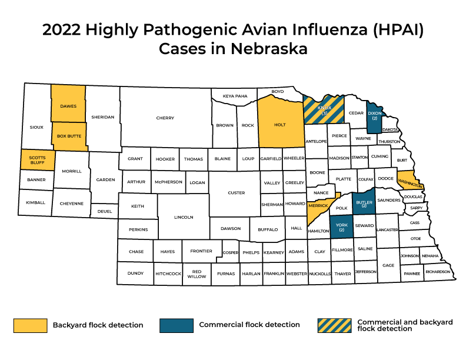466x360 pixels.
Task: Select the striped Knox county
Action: pos(324,110)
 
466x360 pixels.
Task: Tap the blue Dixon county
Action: pos(374,115)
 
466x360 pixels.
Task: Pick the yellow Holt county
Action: pos(280,124)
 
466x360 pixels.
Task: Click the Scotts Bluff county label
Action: pos(37,160)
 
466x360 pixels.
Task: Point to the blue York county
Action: pos(340,226)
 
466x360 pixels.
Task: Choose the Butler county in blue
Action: pos(364,204)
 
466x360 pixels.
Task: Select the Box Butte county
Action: pos(69,136)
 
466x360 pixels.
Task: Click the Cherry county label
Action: pos(165,118)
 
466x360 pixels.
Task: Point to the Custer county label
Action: pos(236,193)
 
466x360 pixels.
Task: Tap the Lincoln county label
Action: pos(184,217)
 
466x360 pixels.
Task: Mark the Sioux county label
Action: pos(36,126)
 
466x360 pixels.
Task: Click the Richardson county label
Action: pos(437,272)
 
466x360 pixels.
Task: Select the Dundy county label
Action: pos(135,274)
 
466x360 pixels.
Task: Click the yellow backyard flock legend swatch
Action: pos(30,325)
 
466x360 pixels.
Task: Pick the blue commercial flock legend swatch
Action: pos(177,325)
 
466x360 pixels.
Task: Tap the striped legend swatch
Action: pos(334,325)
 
